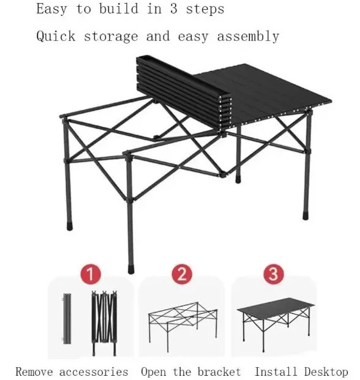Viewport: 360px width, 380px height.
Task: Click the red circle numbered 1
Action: pyautogui.click(x=91, y=274)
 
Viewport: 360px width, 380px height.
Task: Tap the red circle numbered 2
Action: pyautogui.click(x=182, y=274)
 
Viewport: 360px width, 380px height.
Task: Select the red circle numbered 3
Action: pyautogui.click(x=274, y=274)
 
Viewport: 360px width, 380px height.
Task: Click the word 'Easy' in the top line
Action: pyautogui.click(x=51, y=9)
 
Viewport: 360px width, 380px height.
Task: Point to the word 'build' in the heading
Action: pyautogui.click(x=119, y=9)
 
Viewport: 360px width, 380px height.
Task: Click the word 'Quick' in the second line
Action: pyautogui.click(x=56, y=36)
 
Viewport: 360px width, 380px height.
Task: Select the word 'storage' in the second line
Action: pyautogui.click(x=111, y=37)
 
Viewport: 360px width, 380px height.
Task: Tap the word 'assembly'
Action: pyautogui.click(x=248, y=37)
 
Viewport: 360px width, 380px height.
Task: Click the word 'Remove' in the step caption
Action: pyautogui.click(x=34, y=372)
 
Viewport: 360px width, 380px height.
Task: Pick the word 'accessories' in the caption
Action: pyautogui.click(x=94, y=372)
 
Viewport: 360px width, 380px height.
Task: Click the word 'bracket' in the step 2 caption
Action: pyautogui.click(x=219, y=372)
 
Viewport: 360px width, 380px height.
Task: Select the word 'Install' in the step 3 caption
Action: pyautogui.click(x=276, y=371)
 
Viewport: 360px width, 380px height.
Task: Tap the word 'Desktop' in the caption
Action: pyautogui.click(x=326, y=372)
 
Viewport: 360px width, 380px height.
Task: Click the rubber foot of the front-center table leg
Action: pyautogui.click(x=130, y=269)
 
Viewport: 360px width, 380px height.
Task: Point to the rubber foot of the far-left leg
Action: pyautogui.click(x=70, y=226)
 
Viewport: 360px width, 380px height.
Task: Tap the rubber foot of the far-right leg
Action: pyautogui.click(x=306, y=215)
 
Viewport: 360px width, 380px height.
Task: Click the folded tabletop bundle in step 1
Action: pyautogui.click(x=67, y=319)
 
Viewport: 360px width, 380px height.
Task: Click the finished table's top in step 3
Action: pyautogui.click(x=276, y=307)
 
